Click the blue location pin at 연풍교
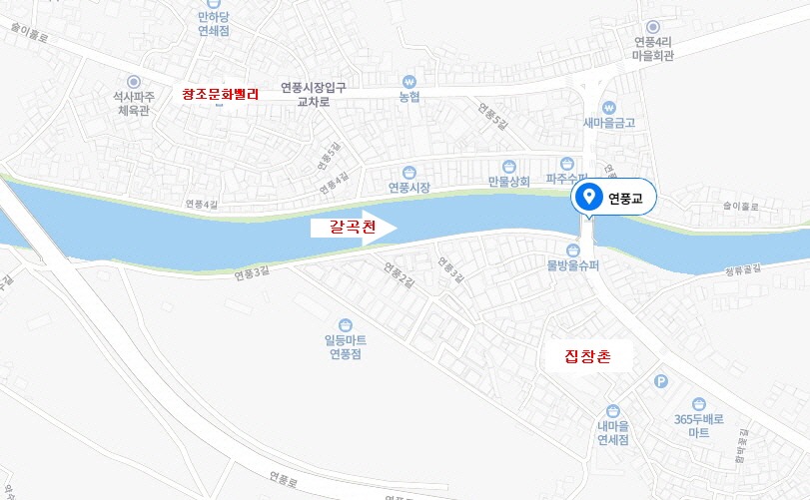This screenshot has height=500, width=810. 589,197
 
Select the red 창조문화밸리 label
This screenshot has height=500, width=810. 221,94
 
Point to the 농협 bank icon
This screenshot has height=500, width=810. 407,82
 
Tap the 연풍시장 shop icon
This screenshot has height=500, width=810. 408,172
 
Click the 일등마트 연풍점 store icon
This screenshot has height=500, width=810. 345,324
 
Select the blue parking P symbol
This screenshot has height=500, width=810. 660,380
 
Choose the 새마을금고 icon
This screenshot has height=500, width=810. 608,108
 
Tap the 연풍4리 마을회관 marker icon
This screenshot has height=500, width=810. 653,27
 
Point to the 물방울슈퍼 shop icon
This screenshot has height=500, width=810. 573,250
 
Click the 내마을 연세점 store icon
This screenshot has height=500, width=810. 612,410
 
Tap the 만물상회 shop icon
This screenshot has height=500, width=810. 507,165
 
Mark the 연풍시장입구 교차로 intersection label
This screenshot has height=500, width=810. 313,94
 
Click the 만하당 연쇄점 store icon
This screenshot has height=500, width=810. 214,4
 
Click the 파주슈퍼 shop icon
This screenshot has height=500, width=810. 568,163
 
